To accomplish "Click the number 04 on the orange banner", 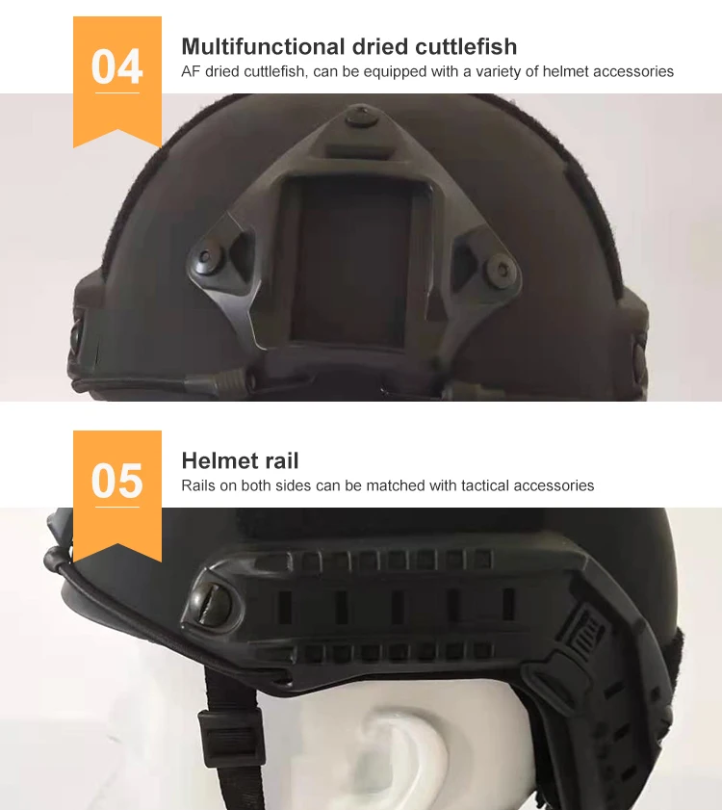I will click(x=116, y=67).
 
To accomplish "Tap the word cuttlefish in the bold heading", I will click(x=463, y=46).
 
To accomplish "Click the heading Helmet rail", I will click(x=240, y=460).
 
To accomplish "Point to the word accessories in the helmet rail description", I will click(x=554, y=485).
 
